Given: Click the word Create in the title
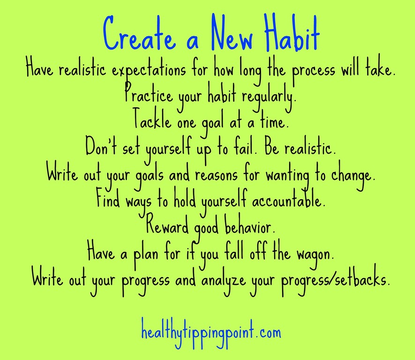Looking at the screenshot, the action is (x=139, y=33).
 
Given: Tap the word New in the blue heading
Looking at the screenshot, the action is (x=232, y=33).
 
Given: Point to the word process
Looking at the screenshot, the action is (x=314, y=71).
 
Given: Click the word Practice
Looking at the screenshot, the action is (x=148, y=95).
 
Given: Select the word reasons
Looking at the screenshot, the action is (x=216, y=175).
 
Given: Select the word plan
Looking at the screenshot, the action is (x=146, y=255).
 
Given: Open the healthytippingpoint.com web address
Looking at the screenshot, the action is (x=211, y=331).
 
